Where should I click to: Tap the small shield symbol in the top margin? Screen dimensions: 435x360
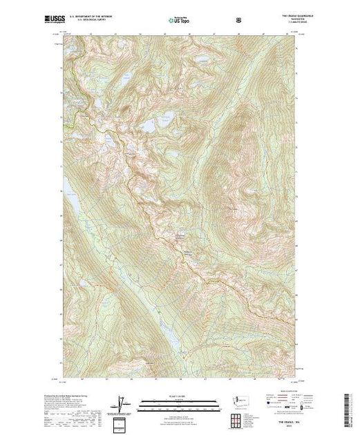tap(239, 19)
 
